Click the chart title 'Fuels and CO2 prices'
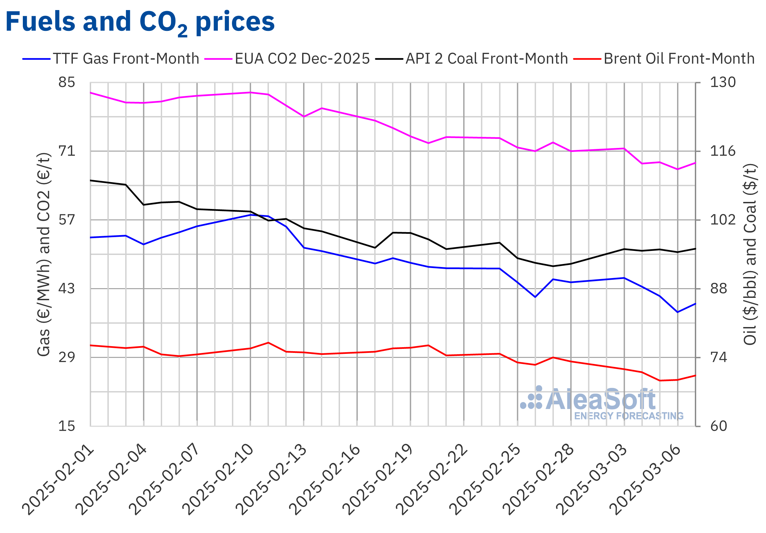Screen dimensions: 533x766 pos(140,22)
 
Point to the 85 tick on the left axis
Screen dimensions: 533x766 pos(67,82)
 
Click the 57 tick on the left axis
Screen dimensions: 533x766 pos(67,220)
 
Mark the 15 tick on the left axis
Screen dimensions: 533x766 pos(67,426)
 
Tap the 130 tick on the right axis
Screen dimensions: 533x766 pos(722,82)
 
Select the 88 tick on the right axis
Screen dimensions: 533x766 pos(718,288)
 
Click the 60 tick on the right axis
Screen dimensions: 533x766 pos(718,426)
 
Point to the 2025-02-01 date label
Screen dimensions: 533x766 pos(59,480)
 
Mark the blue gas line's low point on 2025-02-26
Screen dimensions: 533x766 pos(535,297)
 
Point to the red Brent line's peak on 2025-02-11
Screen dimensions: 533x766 pos(268,342)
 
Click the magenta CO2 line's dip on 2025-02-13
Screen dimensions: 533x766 pos(304,116)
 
